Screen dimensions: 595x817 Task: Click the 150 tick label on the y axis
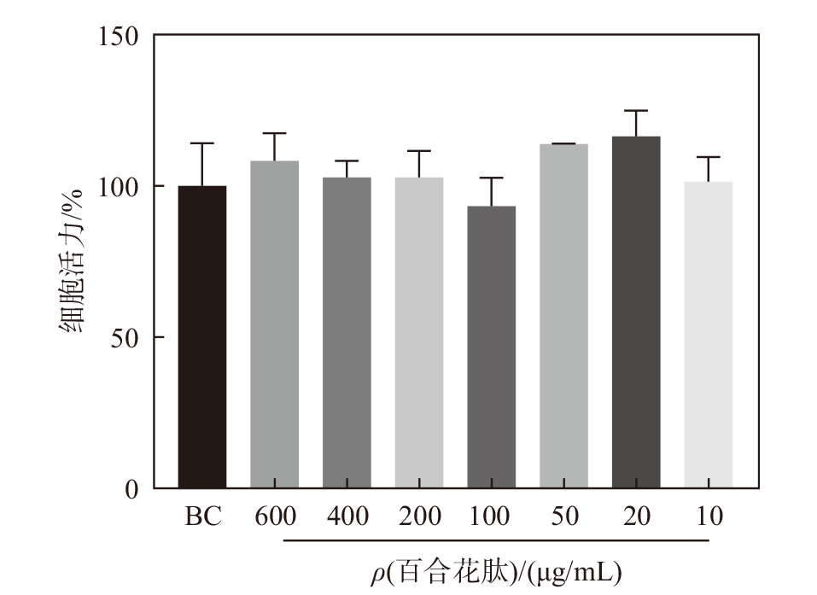[x=119, y=36]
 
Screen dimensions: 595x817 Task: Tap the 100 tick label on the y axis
[x=119, y=187]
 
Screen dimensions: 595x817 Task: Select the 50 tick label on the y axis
[x=125, y=338]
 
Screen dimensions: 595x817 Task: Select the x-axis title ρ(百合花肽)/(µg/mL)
[x=495, y=569]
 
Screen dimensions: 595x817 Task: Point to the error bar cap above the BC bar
[x=202, y=143]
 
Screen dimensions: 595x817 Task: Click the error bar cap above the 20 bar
[x=636, y=111]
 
